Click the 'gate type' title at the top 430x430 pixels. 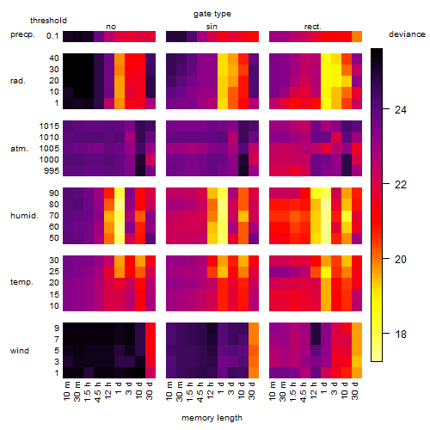pos(212,14)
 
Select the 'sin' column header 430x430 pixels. pos(212,27)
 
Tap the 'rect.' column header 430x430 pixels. pos(313,27)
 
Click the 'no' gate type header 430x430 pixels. pos(111,27)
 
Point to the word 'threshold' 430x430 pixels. pos(48,21)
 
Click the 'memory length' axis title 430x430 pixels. pos(212,418)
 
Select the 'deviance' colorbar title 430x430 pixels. pos(407,34)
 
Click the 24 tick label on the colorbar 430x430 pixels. pos(401,110)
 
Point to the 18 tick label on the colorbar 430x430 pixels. pos(401,335)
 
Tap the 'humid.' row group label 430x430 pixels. pos(24,216)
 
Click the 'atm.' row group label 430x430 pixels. pos(19,149)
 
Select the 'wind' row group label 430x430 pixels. pos(20,351)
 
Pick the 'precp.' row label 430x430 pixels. pos(22,35)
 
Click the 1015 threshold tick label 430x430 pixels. pos(49,126)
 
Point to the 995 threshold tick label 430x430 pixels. pos(52,171)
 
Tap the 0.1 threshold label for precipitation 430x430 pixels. pos(52,36)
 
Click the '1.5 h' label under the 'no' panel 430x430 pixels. pos(89,391)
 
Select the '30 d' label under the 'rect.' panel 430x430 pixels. pos(355,390)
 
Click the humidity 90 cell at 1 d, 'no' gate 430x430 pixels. pos(120,193)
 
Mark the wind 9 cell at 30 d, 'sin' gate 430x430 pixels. pos(254,329)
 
